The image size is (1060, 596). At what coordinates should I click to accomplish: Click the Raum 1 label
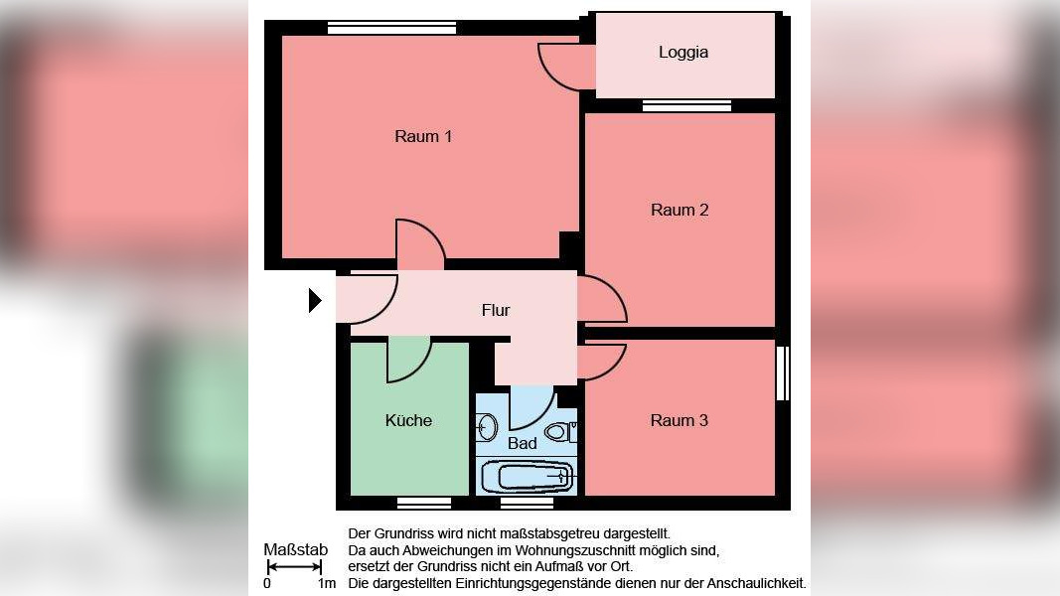[423, 136]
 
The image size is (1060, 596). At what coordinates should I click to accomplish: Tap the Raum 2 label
[680, 210]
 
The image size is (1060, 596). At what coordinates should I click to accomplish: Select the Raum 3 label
[680, 420]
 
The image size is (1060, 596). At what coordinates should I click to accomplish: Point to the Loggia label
[683, 53]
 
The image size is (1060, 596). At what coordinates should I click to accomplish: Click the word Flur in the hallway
[496, 310]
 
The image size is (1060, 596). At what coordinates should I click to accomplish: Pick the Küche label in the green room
[408, 420]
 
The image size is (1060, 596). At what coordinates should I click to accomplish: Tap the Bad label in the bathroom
[523, 443]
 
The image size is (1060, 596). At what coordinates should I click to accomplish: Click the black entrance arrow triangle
[315, 300]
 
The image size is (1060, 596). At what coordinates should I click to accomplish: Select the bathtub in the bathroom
[535, 477]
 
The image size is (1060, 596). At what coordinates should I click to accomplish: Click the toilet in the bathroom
[557, 432]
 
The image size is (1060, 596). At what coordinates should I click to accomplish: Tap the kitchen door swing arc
[408, 360]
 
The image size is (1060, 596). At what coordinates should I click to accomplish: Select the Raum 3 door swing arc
[603, 360]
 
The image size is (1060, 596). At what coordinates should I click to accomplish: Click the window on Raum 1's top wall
[391, 28]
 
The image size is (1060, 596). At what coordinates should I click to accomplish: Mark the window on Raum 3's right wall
[782, 373]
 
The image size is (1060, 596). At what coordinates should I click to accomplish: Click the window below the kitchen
[424, 503]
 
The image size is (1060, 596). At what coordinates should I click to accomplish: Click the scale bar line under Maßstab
[294, 568]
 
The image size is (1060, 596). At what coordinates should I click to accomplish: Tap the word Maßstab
[295, 549]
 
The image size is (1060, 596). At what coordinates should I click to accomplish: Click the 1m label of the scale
[327, 584]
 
